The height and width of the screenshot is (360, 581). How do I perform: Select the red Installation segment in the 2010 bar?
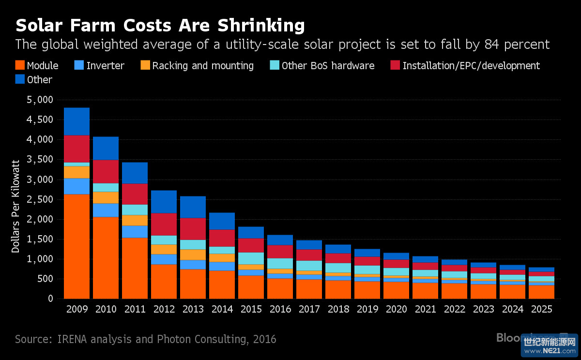pyautogui.click(x=106, y=171)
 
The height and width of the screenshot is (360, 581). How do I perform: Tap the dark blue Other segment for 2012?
pyautogui.click(x=164, y=201)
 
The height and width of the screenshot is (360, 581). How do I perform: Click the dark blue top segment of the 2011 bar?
pyautogui.click(x=135, y=173)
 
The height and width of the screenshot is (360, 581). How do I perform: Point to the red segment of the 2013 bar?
pyautogui.click(x=193, y=228)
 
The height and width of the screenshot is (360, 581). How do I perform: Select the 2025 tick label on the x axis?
pyautogui.click(x=541, y=309)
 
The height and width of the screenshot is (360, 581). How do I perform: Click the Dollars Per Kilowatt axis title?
pyautogui.click(x=15, y=206)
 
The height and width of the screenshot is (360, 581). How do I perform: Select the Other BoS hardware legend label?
pyautogui.click(x=328, y=65)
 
